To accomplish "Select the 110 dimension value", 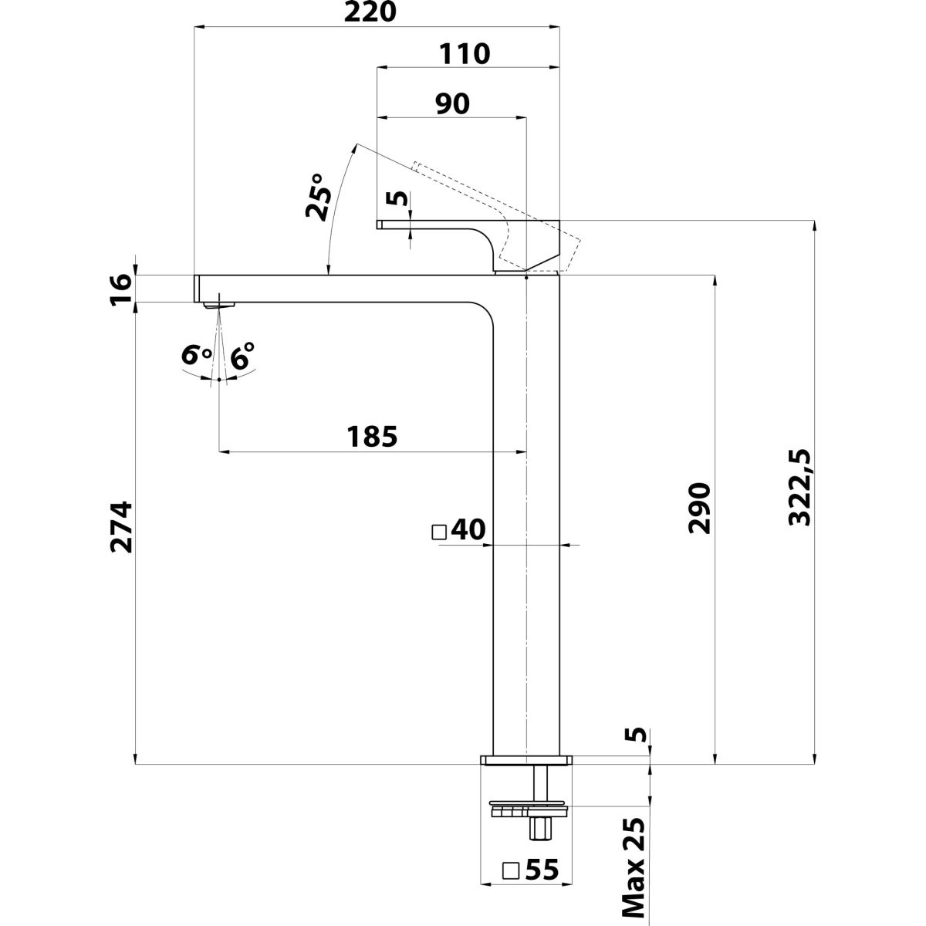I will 465,54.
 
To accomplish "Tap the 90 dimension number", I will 452,104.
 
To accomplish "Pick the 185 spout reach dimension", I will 372,437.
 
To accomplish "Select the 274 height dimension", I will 122,527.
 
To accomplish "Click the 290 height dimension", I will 699,509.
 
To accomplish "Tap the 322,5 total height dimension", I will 801,490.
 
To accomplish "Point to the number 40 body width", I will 468,531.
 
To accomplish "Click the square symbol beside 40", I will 440,532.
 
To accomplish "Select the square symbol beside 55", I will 511,870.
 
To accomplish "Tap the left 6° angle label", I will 197,357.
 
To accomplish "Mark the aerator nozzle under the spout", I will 218,305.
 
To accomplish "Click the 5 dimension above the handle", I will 399,198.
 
